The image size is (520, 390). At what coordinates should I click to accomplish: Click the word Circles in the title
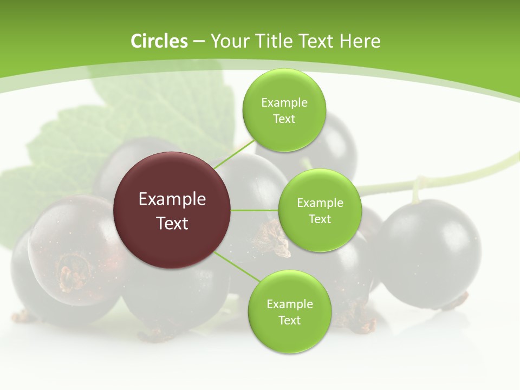click(x=159, y=41)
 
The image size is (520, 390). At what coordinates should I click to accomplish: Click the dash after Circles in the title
click(x=199, y=42)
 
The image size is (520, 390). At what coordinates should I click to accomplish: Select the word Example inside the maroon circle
click(x=172, y=199)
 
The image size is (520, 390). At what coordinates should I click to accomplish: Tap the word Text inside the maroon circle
click(x=172, y=223)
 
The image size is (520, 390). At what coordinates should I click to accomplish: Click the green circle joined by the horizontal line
click(x=320, y=210)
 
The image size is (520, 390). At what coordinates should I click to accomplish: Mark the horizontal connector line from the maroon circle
click(x=255, y=210)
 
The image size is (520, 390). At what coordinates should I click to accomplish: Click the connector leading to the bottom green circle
click(x=237, y=266)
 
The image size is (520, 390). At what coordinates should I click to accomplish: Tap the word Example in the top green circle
click(x=284, y=103)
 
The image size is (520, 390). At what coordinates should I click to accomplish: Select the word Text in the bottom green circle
click(x=289, y=321)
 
